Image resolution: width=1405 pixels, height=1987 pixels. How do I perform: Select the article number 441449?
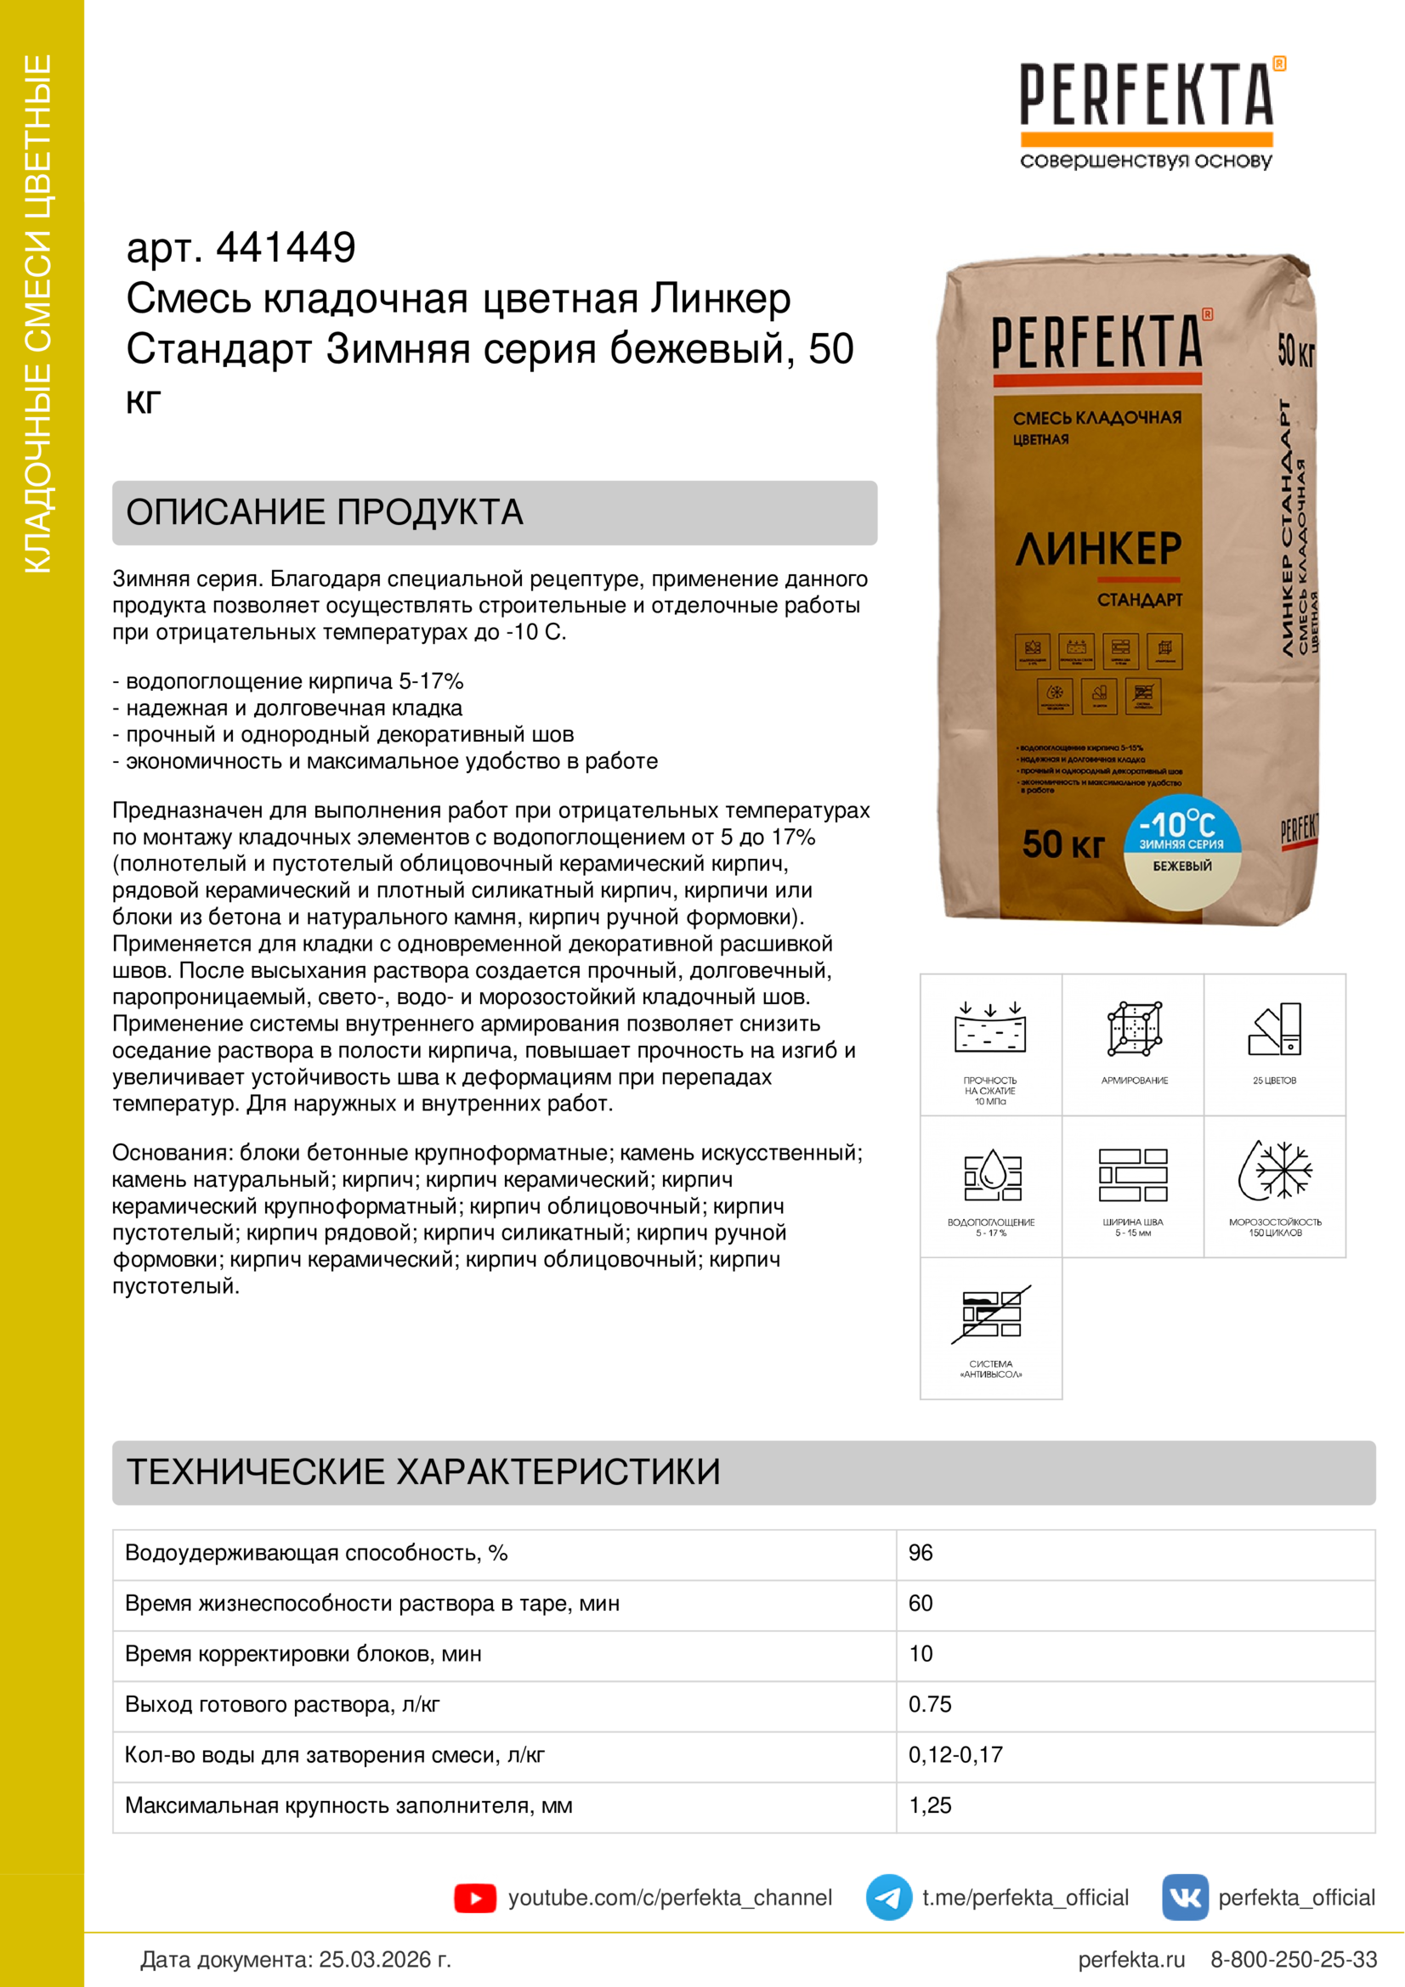286,247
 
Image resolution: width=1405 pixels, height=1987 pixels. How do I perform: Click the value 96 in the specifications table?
921,1553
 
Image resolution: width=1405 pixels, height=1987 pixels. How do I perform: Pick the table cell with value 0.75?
930,1704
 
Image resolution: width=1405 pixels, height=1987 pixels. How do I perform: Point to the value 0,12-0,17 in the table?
955,1754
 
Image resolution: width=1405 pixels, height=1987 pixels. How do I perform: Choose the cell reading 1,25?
930,1805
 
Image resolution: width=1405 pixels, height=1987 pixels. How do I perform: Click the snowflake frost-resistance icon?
1275,1170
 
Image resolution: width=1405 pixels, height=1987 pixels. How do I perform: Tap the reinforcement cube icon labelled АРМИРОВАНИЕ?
1134,1029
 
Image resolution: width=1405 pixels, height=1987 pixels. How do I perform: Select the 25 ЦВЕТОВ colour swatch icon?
1275,1029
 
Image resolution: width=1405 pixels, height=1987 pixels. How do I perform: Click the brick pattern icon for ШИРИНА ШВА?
1133,1174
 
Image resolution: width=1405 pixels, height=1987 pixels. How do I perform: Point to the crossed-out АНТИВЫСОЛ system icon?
991,1313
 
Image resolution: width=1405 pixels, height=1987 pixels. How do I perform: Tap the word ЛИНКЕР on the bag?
1098,549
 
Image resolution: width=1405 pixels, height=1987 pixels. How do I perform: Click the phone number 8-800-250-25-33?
1294,1959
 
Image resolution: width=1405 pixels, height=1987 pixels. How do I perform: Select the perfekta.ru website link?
1131,1959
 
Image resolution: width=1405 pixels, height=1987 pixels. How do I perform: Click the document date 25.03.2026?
384,1959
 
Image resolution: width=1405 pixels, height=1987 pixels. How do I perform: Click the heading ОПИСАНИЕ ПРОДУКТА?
325,512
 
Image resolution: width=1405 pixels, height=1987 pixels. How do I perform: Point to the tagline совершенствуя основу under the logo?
1146,161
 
